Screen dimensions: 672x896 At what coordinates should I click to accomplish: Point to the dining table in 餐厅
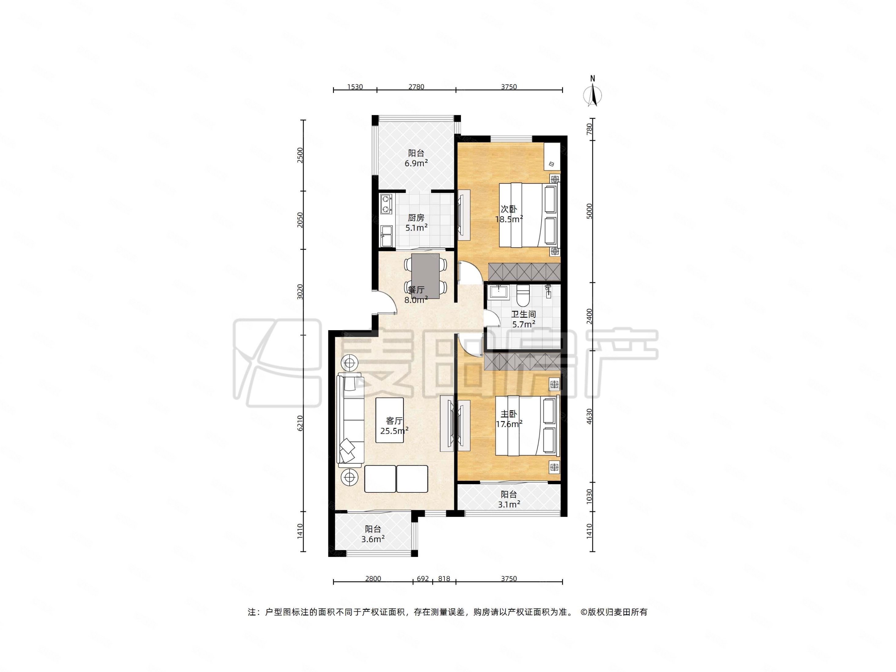coord(425,276)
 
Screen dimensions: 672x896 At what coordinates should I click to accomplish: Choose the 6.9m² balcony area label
coord(416,158)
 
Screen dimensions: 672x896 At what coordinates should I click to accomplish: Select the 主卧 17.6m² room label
coord(509,419)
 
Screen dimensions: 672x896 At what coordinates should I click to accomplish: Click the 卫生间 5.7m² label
coord(523,319)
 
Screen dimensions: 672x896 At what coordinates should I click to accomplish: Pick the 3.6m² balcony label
coord(373,534)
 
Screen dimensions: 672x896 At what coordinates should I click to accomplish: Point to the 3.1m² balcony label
coord(509,499)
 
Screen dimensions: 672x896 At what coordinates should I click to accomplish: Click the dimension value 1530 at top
coord(355,87)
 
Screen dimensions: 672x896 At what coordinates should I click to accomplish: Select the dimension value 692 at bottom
coord(422,579)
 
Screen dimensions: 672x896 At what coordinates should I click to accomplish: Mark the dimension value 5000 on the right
coord(589,211)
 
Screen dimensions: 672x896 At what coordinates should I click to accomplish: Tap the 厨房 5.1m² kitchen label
coord(416,222)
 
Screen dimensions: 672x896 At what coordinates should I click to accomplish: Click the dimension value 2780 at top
coord(416,87)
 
